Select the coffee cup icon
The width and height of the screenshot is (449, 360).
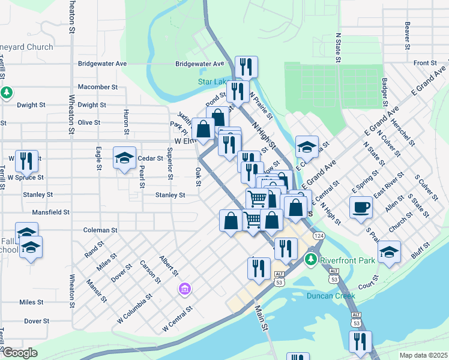pyautogui.click(x=361, y=207)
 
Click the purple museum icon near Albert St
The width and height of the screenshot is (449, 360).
pyautogui.click(x=184, y=290)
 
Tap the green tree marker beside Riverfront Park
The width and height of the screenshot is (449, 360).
pyautogui.click(x=310, y=259)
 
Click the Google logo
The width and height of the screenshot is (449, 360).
pyautogui.click(x=20, y=353)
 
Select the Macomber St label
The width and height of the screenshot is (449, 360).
pyautogui.click(x=97, y=87)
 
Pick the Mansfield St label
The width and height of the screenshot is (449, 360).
pyautogui.click(x=51, y=212)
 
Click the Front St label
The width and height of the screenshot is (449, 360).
pyautogui.click(x=424, y=63)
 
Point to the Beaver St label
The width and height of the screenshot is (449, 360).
pyautogui.click(x=407, y=35)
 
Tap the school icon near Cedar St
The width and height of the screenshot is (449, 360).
pyautogui.click(x=124, y=158)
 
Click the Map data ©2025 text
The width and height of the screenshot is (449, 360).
pyautogui.click(x=423, y=355)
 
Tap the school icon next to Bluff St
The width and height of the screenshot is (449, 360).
pyautogui.click(x=389, y=252)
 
